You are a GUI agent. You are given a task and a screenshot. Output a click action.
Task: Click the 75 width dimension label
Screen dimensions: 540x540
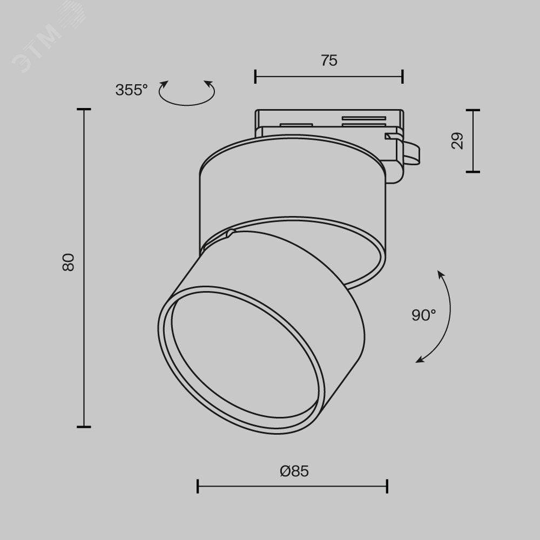pos(329,60)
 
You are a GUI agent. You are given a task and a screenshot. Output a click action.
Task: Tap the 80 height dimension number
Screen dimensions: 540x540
pos(69,262)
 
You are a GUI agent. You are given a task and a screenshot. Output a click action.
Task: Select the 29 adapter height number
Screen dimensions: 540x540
pos(457,140)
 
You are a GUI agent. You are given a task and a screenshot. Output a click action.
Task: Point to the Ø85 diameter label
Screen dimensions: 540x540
pos(294,471)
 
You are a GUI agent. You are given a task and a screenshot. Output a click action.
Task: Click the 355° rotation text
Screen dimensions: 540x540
pos(131,90)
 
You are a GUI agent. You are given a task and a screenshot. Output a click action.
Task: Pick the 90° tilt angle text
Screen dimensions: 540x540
pos(423,315)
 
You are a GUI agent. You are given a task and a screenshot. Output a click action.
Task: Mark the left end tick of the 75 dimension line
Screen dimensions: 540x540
pos(255,77)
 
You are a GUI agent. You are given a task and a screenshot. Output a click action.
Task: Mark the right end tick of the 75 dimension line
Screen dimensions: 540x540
pos(402,77)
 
